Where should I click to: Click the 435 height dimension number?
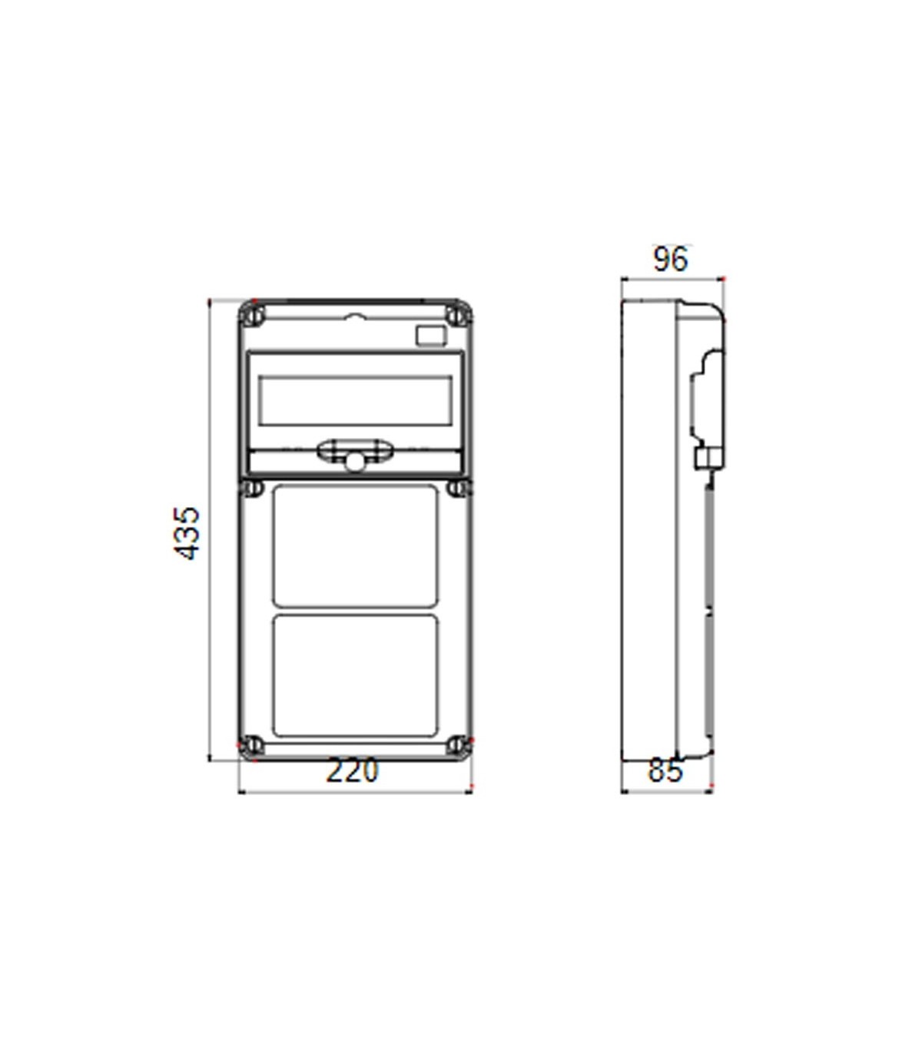tap(187, 532)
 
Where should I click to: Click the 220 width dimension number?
tap(353, 771)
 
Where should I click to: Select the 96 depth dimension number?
tap(670, 259)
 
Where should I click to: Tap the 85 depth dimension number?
tap(665, 771)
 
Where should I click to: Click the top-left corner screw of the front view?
tap(254, 315)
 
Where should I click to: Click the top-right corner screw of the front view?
tap(457, 315)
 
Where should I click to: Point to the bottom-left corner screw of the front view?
tap(252, 746)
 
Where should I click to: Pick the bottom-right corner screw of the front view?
tap(457, 745)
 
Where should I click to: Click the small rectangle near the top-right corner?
tap(430, 336)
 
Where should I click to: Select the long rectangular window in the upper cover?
tap(356, 400)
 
